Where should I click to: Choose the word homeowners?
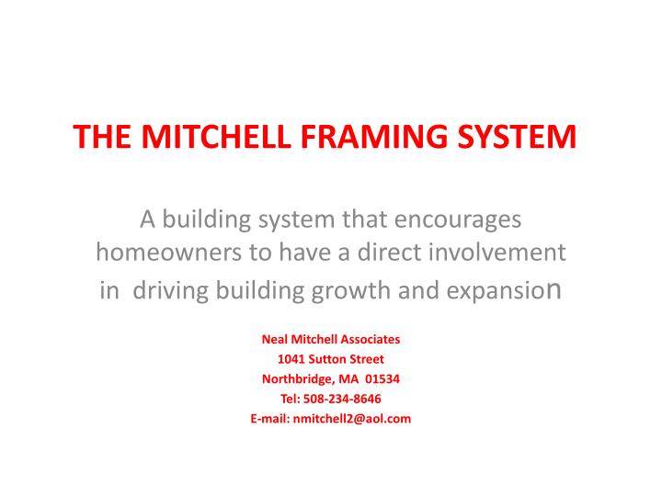162,254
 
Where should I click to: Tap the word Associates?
368,338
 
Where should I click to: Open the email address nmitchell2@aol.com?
351,419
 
